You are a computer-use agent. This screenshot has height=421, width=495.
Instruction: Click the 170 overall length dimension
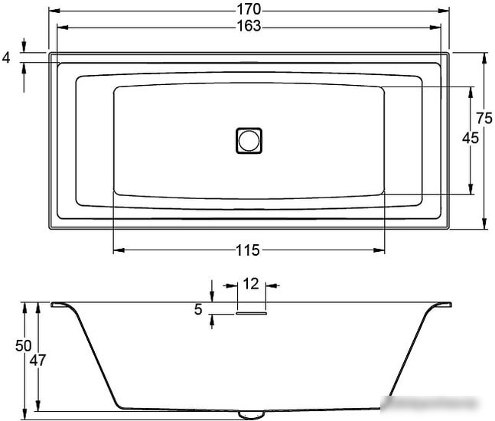click(x=249, y=9)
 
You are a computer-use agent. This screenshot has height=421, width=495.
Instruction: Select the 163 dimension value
click(x=249, y=25)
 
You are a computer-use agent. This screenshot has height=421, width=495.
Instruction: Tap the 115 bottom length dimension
click(x=249, y=250)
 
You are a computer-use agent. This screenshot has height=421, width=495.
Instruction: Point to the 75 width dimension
click(x=484, y=118)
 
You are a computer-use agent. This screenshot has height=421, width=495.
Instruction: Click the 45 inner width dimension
click(x=471, y=139)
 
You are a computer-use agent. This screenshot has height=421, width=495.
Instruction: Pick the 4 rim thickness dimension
click(x=7, y=57)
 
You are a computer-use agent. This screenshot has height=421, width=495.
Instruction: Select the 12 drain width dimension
click(x=250, y=284)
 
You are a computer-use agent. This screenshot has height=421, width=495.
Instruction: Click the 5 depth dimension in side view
click(x=198, y=309)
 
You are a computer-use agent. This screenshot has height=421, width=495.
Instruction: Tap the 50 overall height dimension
click(x=23, y=345)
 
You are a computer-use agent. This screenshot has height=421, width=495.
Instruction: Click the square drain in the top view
click(x=249, y=141)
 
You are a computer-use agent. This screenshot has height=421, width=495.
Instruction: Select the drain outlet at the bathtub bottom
click(x=249, y=414)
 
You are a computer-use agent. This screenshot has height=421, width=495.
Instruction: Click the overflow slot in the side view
click(x=250, y=312)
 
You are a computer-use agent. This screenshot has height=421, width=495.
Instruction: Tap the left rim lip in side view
click(x=60, y=305)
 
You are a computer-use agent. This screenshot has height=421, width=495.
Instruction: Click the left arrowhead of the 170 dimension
click(x=52, y=10)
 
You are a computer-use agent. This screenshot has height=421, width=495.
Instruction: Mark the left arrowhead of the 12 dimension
click(x=226, y=286)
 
